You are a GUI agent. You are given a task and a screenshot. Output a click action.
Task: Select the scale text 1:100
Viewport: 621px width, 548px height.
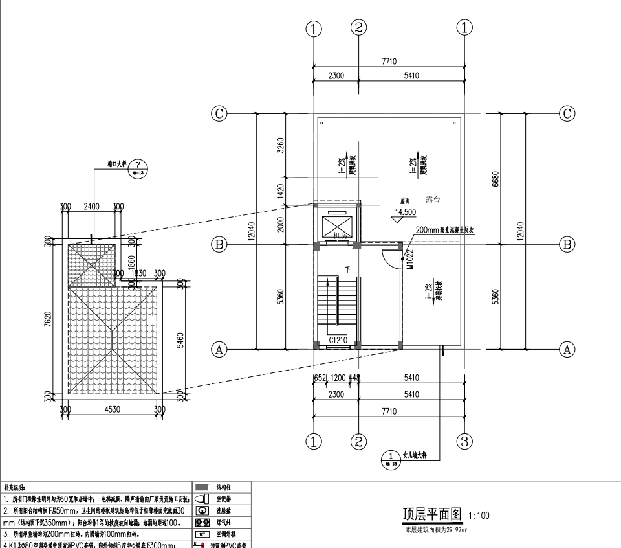tap(479, 516)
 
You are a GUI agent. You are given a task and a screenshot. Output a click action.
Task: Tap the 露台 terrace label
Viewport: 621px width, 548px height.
tap(433, 200)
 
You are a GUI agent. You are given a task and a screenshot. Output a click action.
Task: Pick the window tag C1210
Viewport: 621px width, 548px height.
tap(338, 339)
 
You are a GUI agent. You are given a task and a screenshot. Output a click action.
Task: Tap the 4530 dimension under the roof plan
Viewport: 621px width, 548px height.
tap(113, 409)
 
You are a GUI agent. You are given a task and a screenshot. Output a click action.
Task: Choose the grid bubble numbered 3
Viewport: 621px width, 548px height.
tap(464, 441)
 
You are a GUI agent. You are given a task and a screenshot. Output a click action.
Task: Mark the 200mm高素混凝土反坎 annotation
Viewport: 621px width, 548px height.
tap(445, 230)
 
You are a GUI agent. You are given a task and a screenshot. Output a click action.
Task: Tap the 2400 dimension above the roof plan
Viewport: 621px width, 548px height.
tap(91, 207)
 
